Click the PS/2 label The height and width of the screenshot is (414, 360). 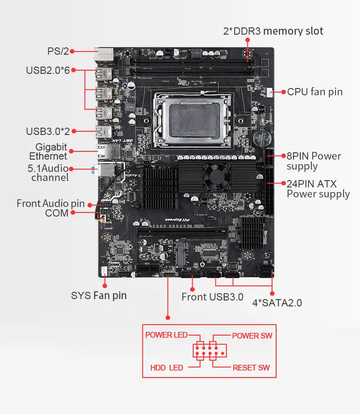coord(58,51)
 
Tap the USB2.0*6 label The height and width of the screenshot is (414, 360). coord(48,70)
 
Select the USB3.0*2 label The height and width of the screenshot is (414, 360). coord(48,131)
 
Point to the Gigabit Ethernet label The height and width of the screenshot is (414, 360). coord(51,152)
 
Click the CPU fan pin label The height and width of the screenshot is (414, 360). coord(314,92)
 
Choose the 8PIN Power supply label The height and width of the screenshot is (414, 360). coord(314,161)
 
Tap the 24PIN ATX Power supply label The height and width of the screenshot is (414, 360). coord(318,189)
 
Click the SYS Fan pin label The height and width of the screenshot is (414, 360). coord(99,295)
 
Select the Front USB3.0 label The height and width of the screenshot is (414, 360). coord(212,297)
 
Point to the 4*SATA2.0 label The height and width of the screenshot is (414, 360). coord(277,303)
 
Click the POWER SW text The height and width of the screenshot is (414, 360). coord(252,336)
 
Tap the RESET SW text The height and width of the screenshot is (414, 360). coord(251,367)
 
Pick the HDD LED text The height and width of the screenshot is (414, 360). coord(166,367)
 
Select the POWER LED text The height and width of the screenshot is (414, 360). coord(166,335)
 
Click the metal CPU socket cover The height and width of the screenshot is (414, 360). coord(194,121)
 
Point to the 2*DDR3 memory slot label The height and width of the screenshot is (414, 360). coord(273,31)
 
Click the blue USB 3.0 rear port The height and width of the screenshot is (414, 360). coord(104,132)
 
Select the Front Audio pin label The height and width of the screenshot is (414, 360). coord(51,203)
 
